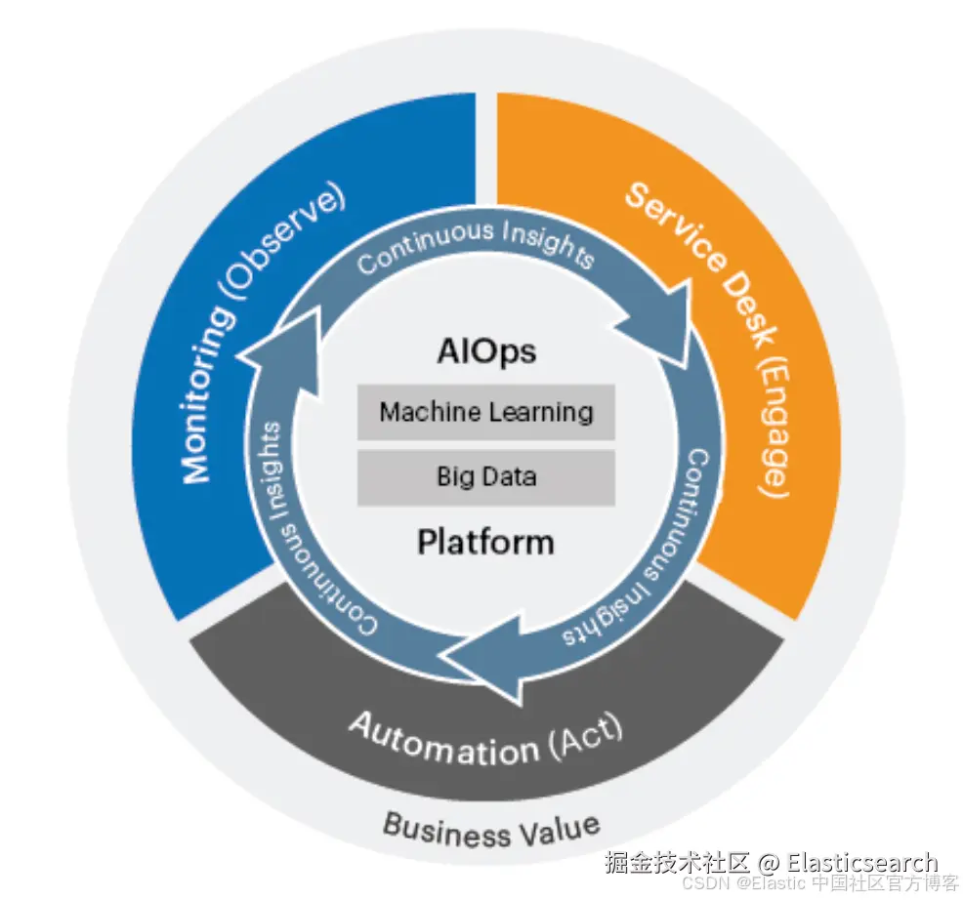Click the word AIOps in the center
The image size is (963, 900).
[485, 351]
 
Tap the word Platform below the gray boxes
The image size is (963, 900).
[485, 541]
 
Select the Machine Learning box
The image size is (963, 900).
[485, 412]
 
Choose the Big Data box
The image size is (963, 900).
[485, 477]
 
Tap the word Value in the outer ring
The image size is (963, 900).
[558, 830]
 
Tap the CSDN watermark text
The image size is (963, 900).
[700, 883]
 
